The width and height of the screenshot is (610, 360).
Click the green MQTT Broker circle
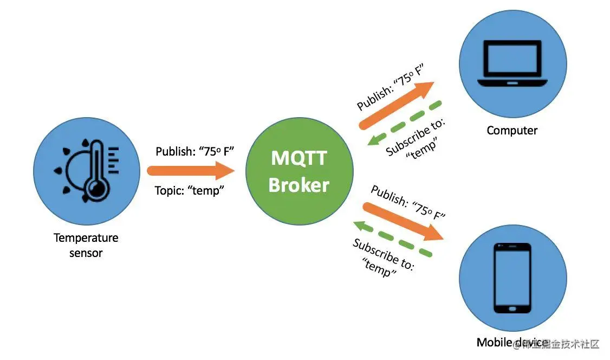point(299,170)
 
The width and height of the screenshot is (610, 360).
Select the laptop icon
point(512,65)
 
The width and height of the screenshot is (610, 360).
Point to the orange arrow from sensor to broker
point(190,170)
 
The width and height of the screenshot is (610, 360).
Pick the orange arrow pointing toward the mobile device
point(404,221)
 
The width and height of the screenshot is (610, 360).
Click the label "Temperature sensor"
point(86,245)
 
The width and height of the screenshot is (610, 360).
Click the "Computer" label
point(512,131)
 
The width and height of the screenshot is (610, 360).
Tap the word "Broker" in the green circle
point(299,185)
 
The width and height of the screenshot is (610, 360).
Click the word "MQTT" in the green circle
point(299,158)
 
